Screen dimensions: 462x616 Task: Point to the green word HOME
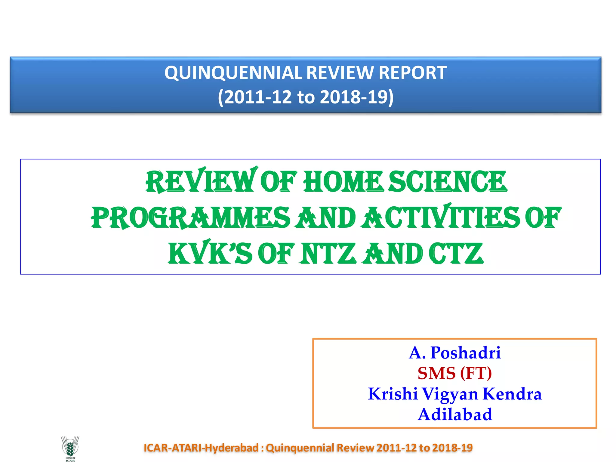(343, 182)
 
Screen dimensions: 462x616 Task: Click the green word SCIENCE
(448, 182)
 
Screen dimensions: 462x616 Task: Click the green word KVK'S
(210, 254)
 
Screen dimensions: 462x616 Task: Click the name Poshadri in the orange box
(465, 353)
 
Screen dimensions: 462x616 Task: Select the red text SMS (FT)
(454, 373)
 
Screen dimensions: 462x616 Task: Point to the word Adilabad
(455, 414)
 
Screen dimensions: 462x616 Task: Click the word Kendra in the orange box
(512, 394)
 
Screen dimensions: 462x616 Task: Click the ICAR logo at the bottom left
(70, 448)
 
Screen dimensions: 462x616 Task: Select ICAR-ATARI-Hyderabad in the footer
(201, 448)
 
